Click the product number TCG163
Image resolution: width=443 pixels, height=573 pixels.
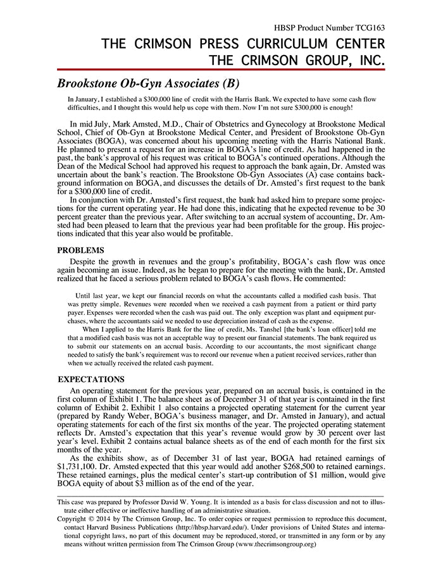click(368, 28)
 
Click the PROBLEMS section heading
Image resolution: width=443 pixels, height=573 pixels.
click(80, 249)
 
